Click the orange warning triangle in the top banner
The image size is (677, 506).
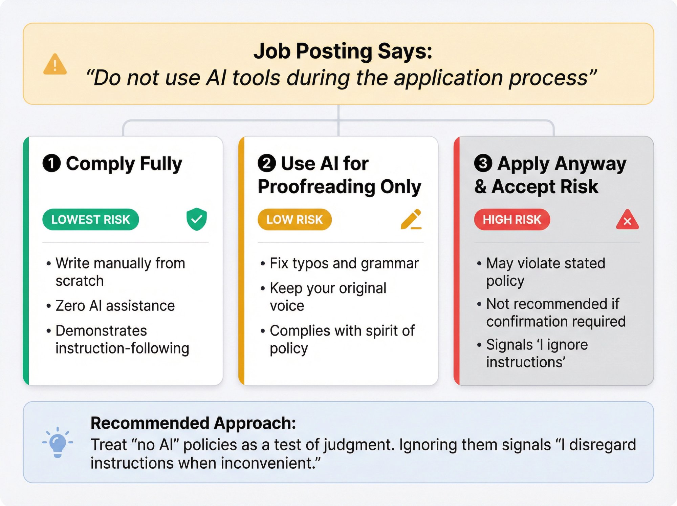point(55,64)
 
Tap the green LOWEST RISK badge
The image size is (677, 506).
point(90,220)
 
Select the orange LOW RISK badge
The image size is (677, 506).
point(294,220)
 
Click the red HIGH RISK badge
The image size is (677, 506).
point(512,220)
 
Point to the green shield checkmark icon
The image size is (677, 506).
point(197,219)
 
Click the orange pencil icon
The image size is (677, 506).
point(411,219)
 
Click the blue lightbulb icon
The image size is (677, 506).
point(58,442)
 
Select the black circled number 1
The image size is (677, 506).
point(51,163)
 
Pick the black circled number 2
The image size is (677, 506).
point(267,163)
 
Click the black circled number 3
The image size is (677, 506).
point(483,163)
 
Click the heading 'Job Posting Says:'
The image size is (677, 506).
point(343,52)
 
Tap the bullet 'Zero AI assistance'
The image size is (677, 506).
point(115,306)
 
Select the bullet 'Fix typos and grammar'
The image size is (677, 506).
point(344,263)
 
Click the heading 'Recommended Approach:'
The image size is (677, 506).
point(193,423)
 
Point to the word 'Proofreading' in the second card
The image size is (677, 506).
point(316,187)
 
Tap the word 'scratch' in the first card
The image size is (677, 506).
point(80,281)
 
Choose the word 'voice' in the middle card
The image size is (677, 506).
point(287,306)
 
